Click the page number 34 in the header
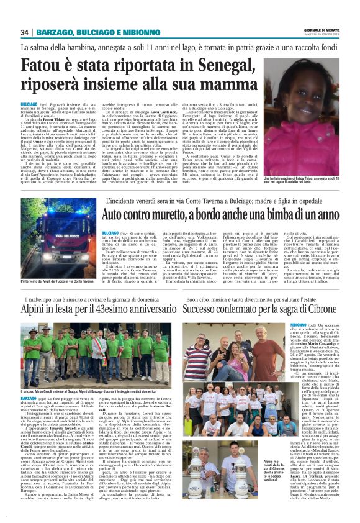tap(25, 32)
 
